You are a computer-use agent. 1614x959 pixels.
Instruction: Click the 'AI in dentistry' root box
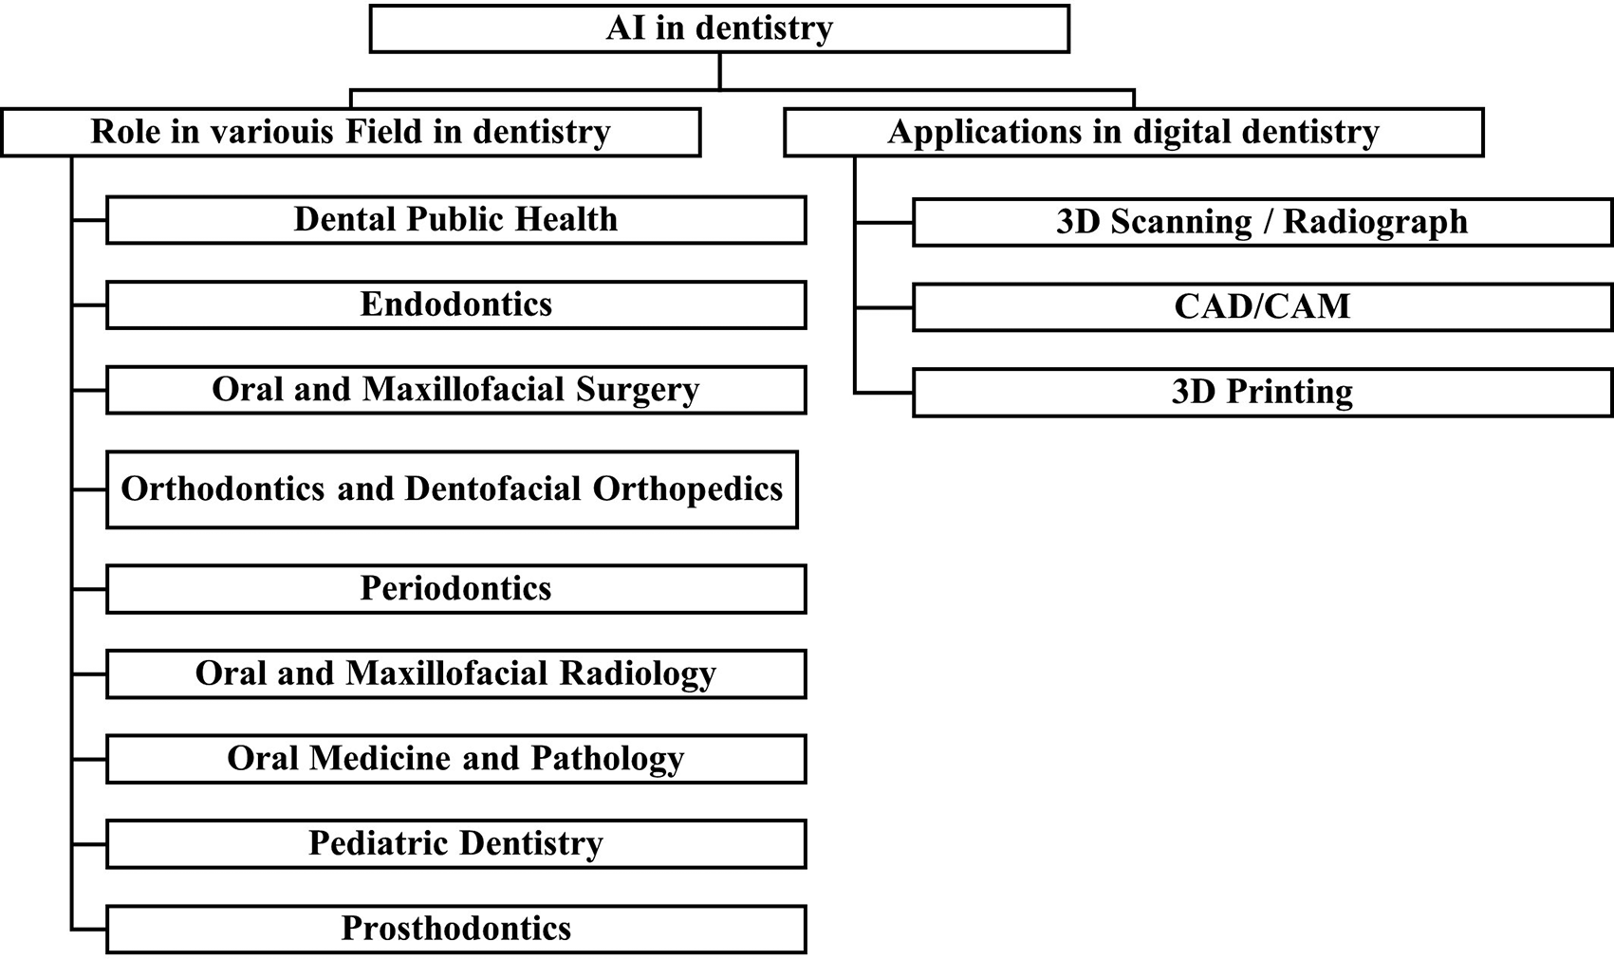pyautogui.click(x=719, y=28)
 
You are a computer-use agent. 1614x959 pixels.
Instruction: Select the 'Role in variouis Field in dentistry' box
pyautogui.click(x=351, y=132)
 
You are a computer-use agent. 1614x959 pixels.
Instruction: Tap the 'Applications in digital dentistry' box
pyautogui.click(x=1133, y=132)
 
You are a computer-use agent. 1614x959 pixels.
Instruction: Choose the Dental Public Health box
pyautogui.click(x=456, y=220)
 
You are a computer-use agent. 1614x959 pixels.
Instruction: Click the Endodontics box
pyautogui.click(x=456, y=304)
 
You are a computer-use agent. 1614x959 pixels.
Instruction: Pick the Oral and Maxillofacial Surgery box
pyautogui.click(x=456, y=390)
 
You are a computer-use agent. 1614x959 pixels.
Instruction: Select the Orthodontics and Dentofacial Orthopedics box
pyautogui.click(x=452, y=489)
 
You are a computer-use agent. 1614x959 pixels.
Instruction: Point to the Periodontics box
pyautogui.click(x=456, y=589)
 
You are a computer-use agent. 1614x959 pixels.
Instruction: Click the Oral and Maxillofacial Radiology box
pyautogui.click(x=456, y=673)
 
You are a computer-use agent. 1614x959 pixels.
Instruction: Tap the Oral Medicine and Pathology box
pyautogui.click(x=456, y=759)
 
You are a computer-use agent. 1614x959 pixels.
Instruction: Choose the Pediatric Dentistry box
pyautogui.click(x=456, y=843)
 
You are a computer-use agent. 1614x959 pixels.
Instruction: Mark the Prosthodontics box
pyautogui.click(x=456, y=929)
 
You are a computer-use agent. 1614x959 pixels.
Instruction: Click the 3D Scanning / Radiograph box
pyautogui.click(x=1262, y=222)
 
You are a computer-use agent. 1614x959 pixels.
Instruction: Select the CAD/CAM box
pyautogui.click(x=1262, y=307)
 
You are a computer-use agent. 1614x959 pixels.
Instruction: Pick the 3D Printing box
pyautogui.click(x=1262, y=392)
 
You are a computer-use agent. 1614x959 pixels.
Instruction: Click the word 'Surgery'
pyautogui.click(x=638, y=391)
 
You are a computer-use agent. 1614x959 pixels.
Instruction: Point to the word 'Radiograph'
pyautogui.click(x=1376, y=223)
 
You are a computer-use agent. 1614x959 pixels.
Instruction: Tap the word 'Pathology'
pyautogui.click(x=607, y=760)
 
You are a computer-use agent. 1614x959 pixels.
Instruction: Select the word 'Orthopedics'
pyautogui.click(x=687, y=490)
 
